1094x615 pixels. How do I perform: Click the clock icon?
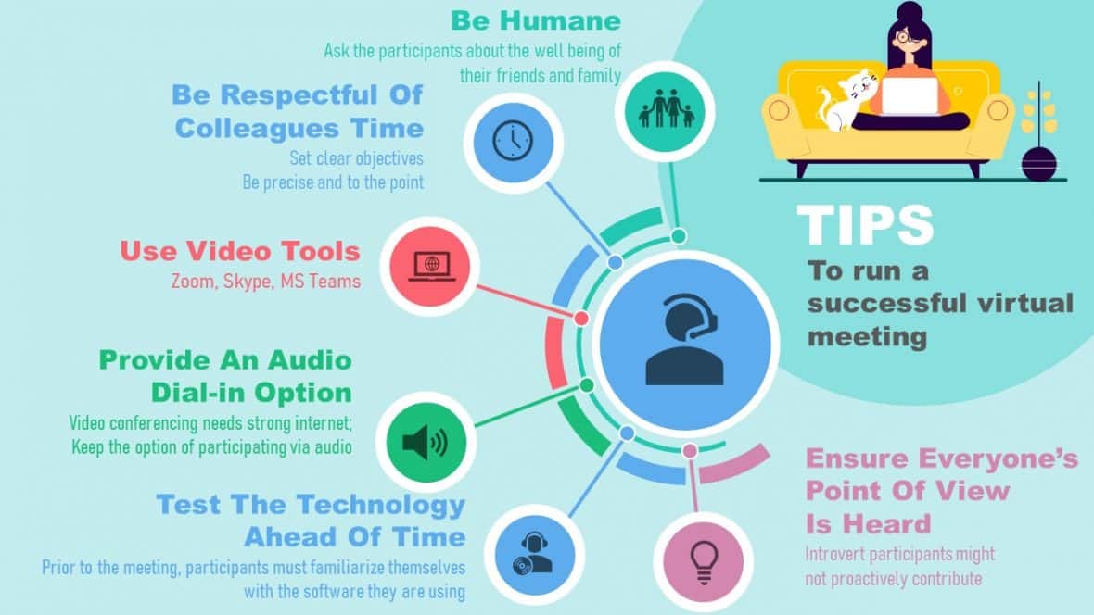tap(513, 142)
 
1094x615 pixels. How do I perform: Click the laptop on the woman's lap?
tap(909, 95)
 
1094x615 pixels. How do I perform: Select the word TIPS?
tap(865, 225)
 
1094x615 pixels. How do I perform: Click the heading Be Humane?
tap(536, 19)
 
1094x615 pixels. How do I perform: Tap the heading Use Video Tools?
tap(239, 250)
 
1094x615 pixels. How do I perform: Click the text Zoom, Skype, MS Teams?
tap(265, 281)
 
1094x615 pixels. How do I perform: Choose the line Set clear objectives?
tap(356, 157)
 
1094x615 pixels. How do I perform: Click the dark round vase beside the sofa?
tap(1038, 163)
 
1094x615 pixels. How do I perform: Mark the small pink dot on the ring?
tap(690, 451)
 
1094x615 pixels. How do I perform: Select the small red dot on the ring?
tap(581, 318)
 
